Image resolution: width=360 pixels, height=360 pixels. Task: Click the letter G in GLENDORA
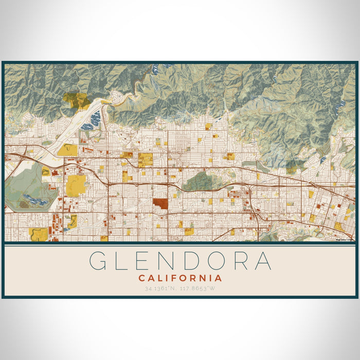(100, 261)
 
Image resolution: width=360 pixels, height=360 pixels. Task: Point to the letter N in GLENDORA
(177, 261)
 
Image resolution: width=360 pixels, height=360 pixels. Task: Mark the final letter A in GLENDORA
(262, 261)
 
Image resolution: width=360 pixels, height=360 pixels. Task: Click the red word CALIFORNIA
(180, 278)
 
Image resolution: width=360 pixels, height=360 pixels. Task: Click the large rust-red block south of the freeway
(160, 204)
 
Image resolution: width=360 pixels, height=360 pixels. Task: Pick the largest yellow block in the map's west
(76, 185)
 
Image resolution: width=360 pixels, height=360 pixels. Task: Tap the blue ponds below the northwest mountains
(96, 121)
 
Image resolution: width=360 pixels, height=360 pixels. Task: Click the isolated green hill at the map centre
(203, 181)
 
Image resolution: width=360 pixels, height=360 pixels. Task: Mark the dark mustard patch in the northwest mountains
(77, 100)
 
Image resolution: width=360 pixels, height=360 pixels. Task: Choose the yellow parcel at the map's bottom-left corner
(39, 235)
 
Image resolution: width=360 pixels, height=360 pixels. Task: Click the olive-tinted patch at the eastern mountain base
(296, 166)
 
